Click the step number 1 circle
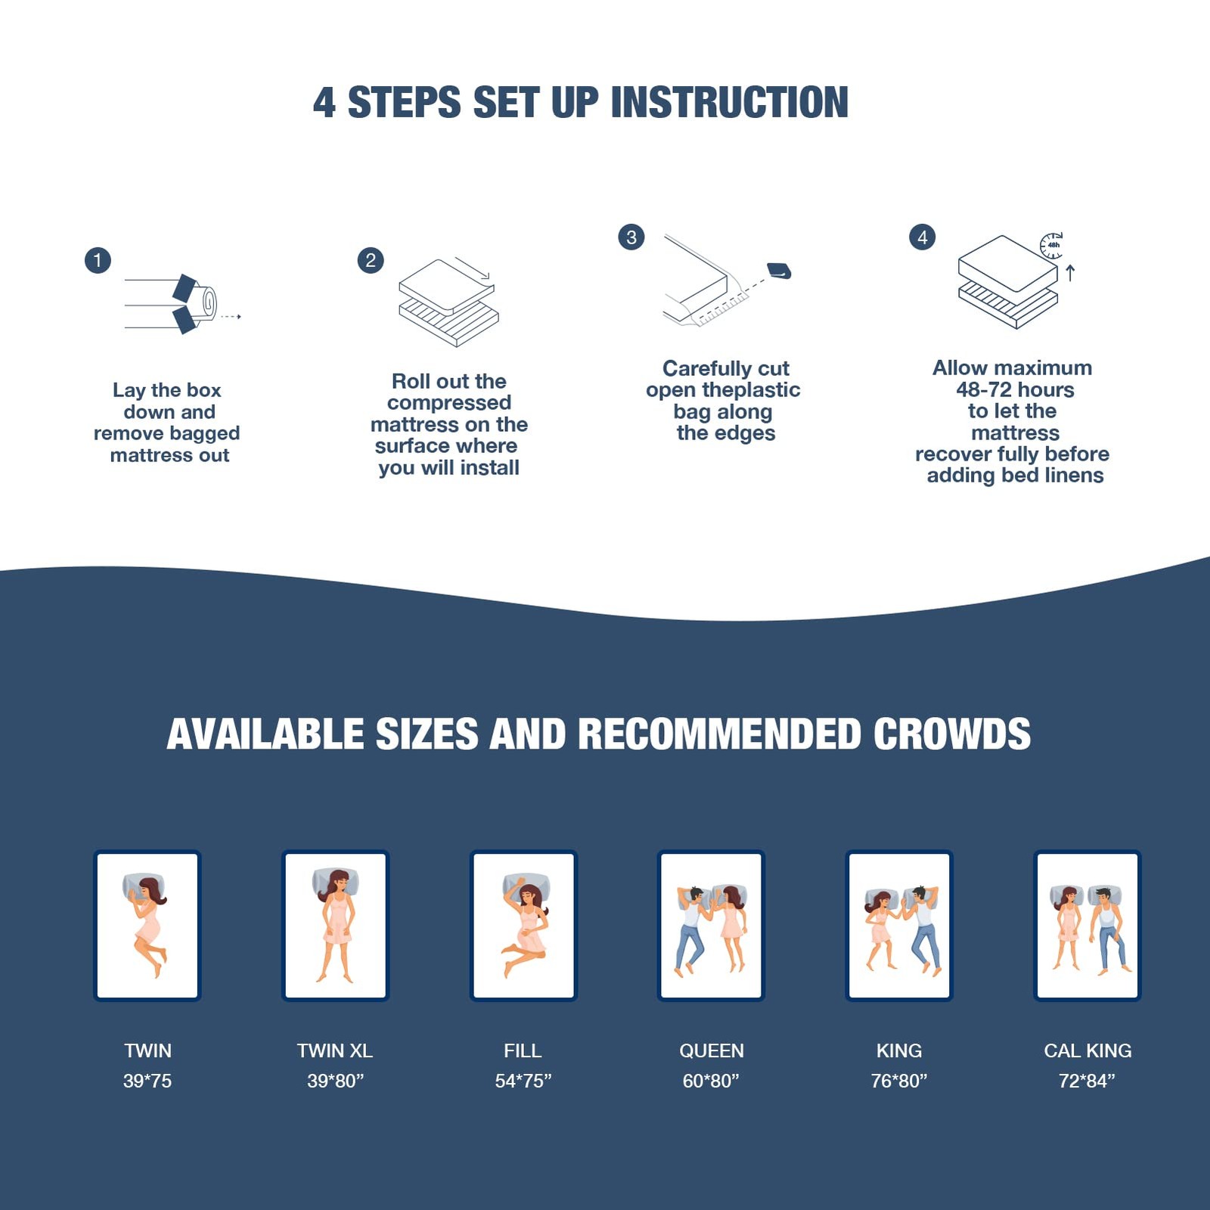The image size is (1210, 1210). point(98,261)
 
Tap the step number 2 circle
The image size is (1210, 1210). point(371,261)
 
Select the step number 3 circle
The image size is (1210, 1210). point(631,237)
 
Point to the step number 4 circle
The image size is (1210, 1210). point(922,237)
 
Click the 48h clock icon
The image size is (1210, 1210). point(1052,245)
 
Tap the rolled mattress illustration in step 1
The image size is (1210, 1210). point(181,304)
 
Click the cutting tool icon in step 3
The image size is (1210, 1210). point(779,271)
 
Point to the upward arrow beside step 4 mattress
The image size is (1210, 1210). point(1070,272)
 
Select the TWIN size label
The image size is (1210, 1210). point(147,1050)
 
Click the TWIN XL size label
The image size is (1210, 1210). point(335,1050)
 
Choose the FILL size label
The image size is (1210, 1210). point(523,1050)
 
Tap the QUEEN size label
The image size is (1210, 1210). point(711,1050)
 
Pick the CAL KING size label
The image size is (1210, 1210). point(1087,1050)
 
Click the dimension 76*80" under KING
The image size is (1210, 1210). point(898,1081)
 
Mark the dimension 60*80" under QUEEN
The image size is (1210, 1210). point(711,1081)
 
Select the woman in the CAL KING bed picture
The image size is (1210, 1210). point(1067,928)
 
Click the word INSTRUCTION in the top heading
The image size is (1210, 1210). point(729,102)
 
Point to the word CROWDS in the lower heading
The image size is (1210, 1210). point(952,734)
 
